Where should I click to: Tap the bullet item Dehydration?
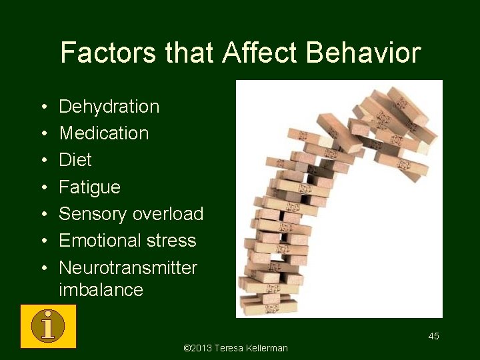pos(109,107)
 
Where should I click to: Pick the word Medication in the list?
pos(104,133)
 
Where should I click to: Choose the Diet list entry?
pos(75,160)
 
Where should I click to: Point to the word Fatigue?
pos(90,187)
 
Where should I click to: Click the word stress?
pos(175,241)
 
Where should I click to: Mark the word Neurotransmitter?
pos(128,268)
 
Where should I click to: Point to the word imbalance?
pos(101,290)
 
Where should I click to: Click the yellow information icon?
pos(48,326)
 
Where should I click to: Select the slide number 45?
pos(433,336)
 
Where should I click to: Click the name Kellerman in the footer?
pos(266,348)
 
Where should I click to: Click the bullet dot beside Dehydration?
pos(43,107)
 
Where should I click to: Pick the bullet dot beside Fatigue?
pos(43,188)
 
